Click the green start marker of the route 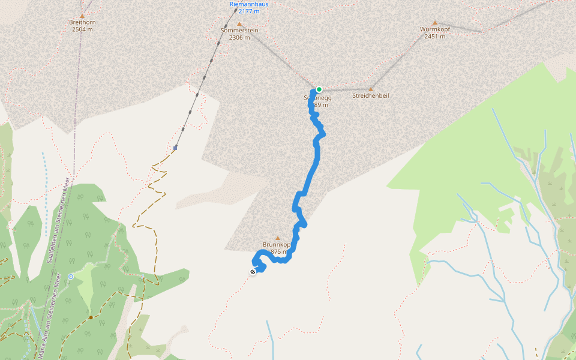319,89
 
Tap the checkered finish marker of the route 253,272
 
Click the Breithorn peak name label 82,22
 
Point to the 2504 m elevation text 82,29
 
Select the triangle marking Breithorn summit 82,16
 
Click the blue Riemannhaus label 249,4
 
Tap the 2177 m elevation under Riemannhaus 249,11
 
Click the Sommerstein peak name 239,30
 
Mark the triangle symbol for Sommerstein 239,24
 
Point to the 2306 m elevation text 239,37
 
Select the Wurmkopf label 435,29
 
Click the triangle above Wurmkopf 435,23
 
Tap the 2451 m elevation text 435,36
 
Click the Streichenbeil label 371,95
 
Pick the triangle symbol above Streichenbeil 371,89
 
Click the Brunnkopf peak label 277,245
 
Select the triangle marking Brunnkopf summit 277,238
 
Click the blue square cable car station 175,148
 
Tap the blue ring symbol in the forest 71,277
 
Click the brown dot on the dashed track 91,317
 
